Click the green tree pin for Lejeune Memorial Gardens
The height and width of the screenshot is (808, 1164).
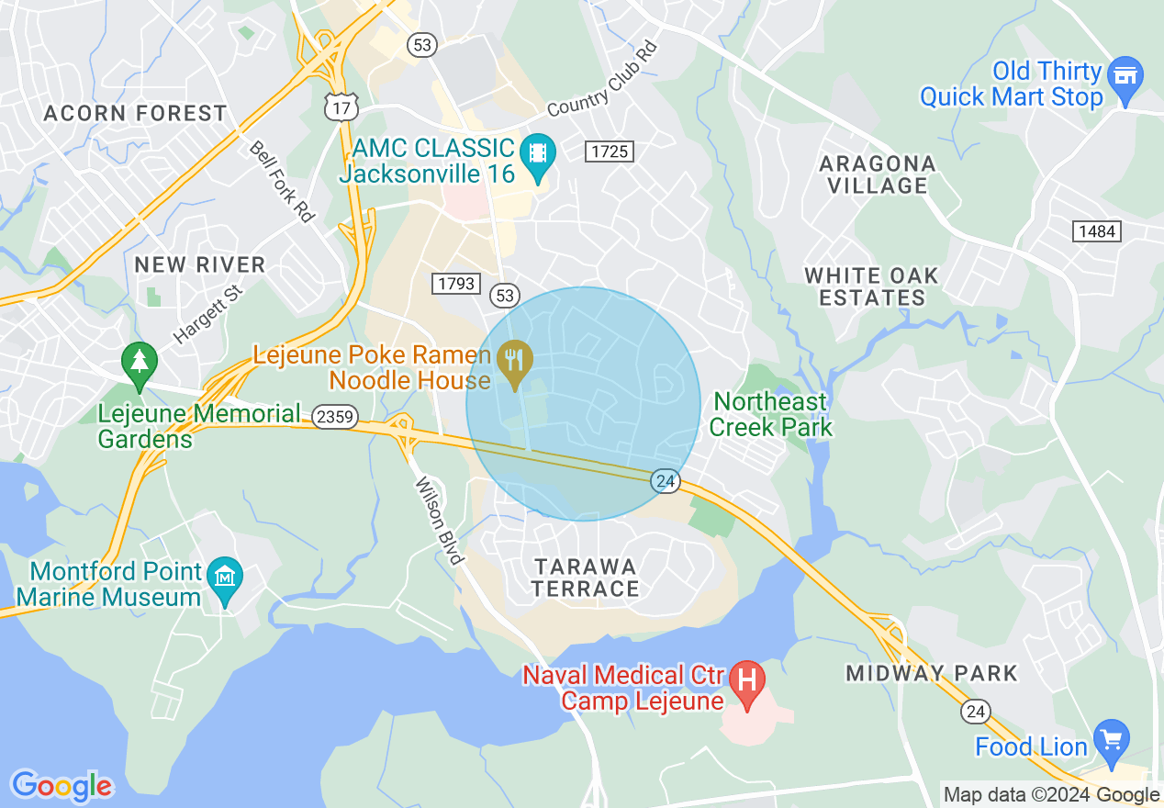pyautogui.click(x=139, y=364)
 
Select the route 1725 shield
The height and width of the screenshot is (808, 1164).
pyautogui.click(x=610, y=151)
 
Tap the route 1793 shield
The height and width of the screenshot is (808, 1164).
pyautogui.click(x=456, y=284)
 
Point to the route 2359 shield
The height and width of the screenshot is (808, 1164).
pyautogui.click(x=334, y=417)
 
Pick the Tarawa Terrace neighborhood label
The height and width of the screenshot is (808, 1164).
pyautogui.click(x=585, y=577)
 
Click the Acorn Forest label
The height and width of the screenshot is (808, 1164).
pyautogui.click(x=135, y=114)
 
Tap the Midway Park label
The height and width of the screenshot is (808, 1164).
pyautogui.click(x=932, y=673)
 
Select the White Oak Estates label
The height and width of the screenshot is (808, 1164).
pyautogui.click(x=871, y=286)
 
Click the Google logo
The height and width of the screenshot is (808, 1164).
pyautogui.click(x=62, y=787)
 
